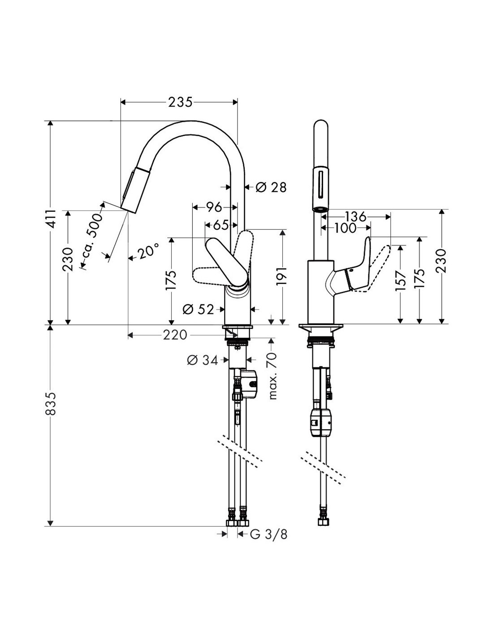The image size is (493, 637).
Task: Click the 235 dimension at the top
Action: pos(180,103)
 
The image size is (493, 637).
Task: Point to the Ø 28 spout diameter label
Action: pos(271,187)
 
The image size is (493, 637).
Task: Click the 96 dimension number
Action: pos(214,207)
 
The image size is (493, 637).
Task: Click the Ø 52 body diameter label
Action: pos(200,309)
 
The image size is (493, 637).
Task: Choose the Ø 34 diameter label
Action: pos(203,360)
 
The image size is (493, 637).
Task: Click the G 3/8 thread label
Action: pos(268,534)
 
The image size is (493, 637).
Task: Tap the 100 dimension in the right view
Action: pos(345,228)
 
